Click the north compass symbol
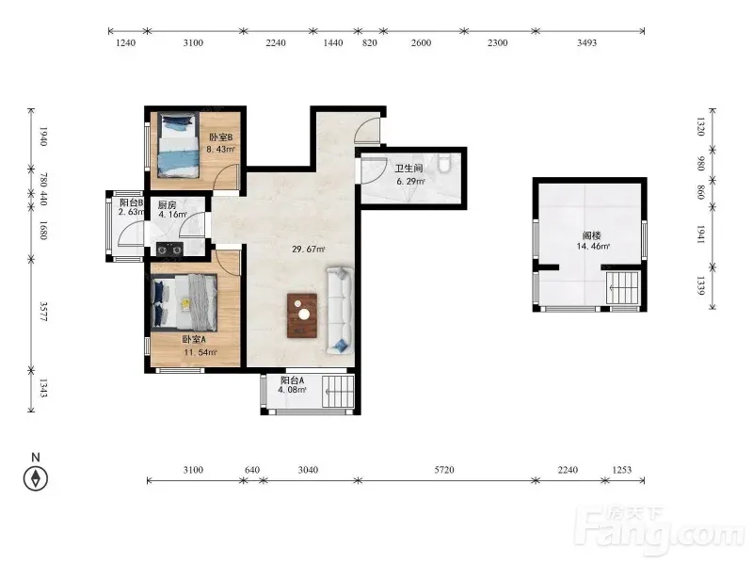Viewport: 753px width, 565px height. tap(36, 478)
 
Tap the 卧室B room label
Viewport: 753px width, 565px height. tap(220, 137)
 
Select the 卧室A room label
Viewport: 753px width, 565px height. tap(194, 340)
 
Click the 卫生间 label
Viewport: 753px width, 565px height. tap(409, 169)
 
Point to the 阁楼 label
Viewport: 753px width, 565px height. tap(592, 235)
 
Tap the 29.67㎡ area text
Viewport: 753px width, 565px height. tap(309, 249)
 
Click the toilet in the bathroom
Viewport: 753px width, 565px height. tap(443, 162)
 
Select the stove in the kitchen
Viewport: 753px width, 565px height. tap(169, 250)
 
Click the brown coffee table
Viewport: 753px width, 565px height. tap(302, 315)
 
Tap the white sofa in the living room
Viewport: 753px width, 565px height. tap(341, 311)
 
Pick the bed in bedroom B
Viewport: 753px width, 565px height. tap(179, 145)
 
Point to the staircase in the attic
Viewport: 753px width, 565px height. tap(623, 287)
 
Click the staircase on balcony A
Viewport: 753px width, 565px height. tap(338, 392)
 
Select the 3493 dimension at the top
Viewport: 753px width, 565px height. tap(586, 42)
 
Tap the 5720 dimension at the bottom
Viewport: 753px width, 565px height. tap(444, 469)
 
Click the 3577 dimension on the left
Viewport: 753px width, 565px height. tap(43, 312)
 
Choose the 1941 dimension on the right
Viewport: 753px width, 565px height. tap(700, 234)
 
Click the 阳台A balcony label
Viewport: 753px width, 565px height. tap(293, 380)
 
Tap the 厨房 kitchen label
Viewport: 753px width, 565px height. tap(168, 205)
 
